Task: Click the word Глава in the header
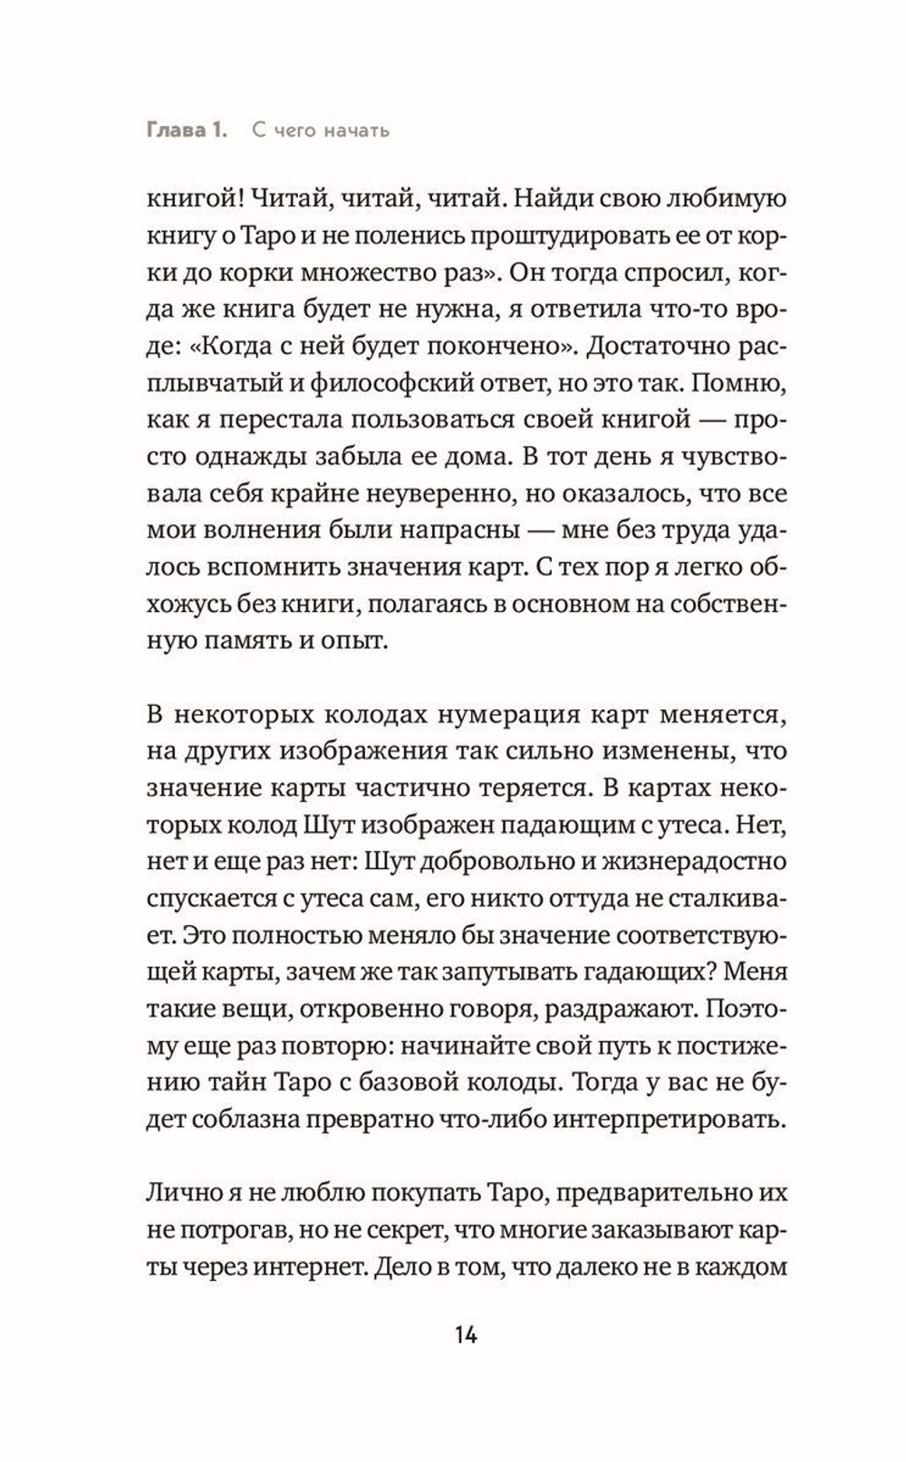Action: (175, 130)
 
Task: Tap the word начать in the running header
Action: (356, 130)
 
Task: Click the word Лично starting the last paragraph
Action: (175, 1192)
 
